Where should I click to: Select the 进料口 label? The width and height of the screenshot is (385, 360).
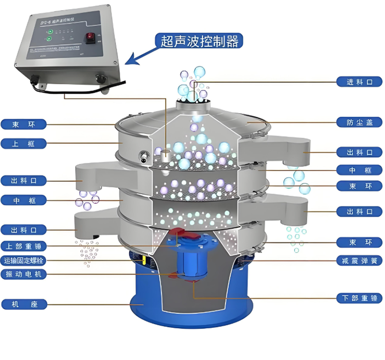tap(360, 82)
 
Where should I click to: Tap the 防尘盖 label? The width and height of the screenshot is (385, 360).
tap(360, 122)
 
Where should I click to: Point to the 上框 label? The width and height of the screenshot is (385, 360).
tap(24, 143)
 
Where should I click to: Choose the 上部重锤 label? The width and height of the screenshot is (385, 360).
tap(24, 246)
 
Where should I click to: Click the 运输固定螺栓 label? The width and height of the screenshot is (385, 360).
tap(24, 261)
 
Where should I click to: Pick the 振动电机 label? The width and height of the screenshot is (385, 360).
tap(24, 274)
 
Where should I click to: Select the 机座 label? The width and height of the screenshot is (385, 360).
tap(24, 304)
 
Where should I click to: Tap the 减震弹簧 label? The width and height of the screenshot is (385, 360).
tap(360, 262)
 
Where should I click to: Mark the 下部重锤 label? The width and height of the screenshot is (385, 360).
tap(360, 297)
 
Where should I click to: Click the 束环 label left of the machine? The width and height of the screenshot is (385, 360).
tap(24, 125)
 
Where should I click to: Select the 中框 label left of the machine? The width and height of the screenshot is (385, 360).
tap(24, 200)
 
